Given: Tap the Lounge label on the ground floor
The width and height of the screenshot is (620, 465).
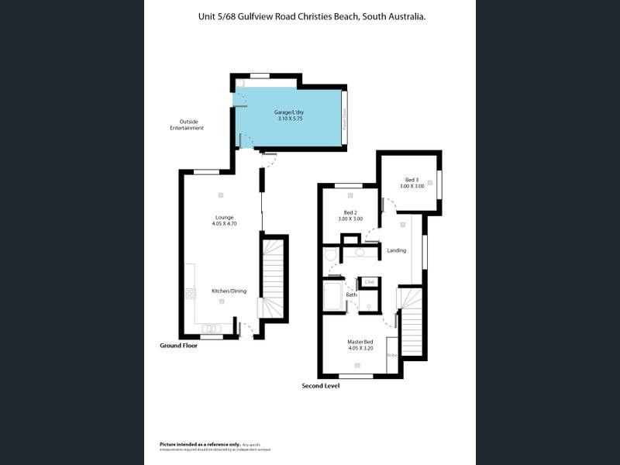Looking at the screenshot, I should [x=223, y=217].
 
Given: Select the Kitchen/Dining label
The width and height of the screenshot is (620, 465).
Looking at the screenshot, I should [x=229, y=291].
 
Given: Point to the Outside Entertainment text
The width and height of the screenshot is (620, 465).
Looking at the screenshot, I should [x=187, y=125].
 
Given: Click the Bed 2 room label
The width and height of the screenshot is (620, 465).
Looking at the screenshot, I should [x=350, y=212].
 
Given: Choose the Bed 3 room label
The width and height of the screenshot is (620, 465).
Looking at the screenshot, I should [x=412, y=180].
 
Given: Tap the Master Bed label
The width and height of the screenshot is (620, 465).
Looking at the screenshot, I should [x=360, y=342].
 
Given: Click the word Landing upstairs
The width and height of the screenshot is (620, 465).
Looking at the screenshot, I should [x=396, y=250].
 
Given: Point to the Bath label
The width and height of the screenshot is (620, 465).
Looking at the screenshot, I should [x=351, y=294].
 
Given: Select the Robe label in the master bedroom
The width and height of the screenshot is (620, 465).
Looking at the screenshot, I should [x=392, y=355].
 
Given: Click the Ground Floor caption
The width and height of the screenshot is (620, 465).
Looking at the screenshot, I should [x=178, y=346].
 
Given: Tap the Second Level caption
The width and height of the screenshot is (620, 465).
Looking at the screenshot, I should [x=321, y=385].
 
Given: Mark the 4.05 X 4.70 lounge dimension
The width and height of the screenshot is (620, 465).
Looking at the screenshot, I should [x=223, y=224].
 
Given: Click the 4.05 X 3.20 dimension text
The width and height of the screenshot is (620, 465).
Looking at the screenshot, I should [x=360, y=349].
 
